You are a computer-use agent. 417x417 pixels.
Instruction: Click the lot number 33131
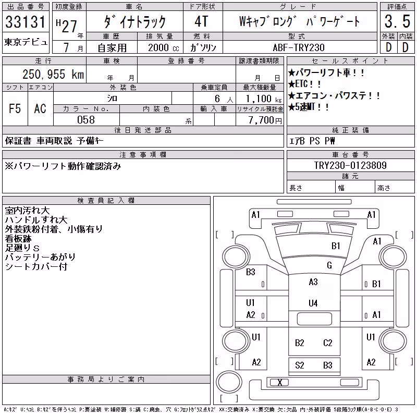point(26,22)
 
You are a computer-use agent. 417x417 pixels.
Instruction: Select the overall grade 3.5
point(397,21)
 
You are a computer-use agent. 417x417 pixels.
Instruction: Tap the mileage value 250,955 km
point(53,74)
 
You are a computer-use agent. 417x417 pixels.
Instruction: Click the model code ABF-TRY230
point(299,47)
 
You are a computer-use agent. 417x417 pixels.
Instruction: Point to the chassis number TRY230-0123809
point(350,165)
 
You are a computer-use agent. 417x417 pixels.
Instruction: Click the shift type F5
point(15,108)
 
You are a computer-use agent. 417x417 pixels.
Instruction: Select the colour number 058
point(86,120)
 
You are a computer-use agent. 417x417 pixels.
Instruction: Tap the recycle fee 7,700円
point(265,120)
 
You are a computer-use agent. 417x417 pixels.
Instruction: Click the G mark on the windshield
point(329,265)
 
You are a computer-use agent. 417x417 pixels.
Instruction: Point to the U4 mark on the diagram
point(313,303)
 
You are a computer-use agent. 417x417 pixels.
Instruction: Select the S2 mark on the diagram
point(299,365)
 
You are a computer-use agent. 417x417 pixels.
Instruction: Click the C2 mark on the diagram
point(328,343)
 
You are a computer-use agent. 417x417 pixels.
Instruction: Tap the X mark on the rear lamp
point(280,383)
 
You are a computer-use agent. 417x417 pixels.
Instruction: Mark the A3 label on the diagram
point(313,281)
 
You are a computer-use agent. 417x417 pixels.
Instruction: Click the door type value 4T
point(201,21)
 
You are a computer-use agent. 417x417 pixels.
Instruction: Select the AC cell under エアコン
point(40,108)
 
